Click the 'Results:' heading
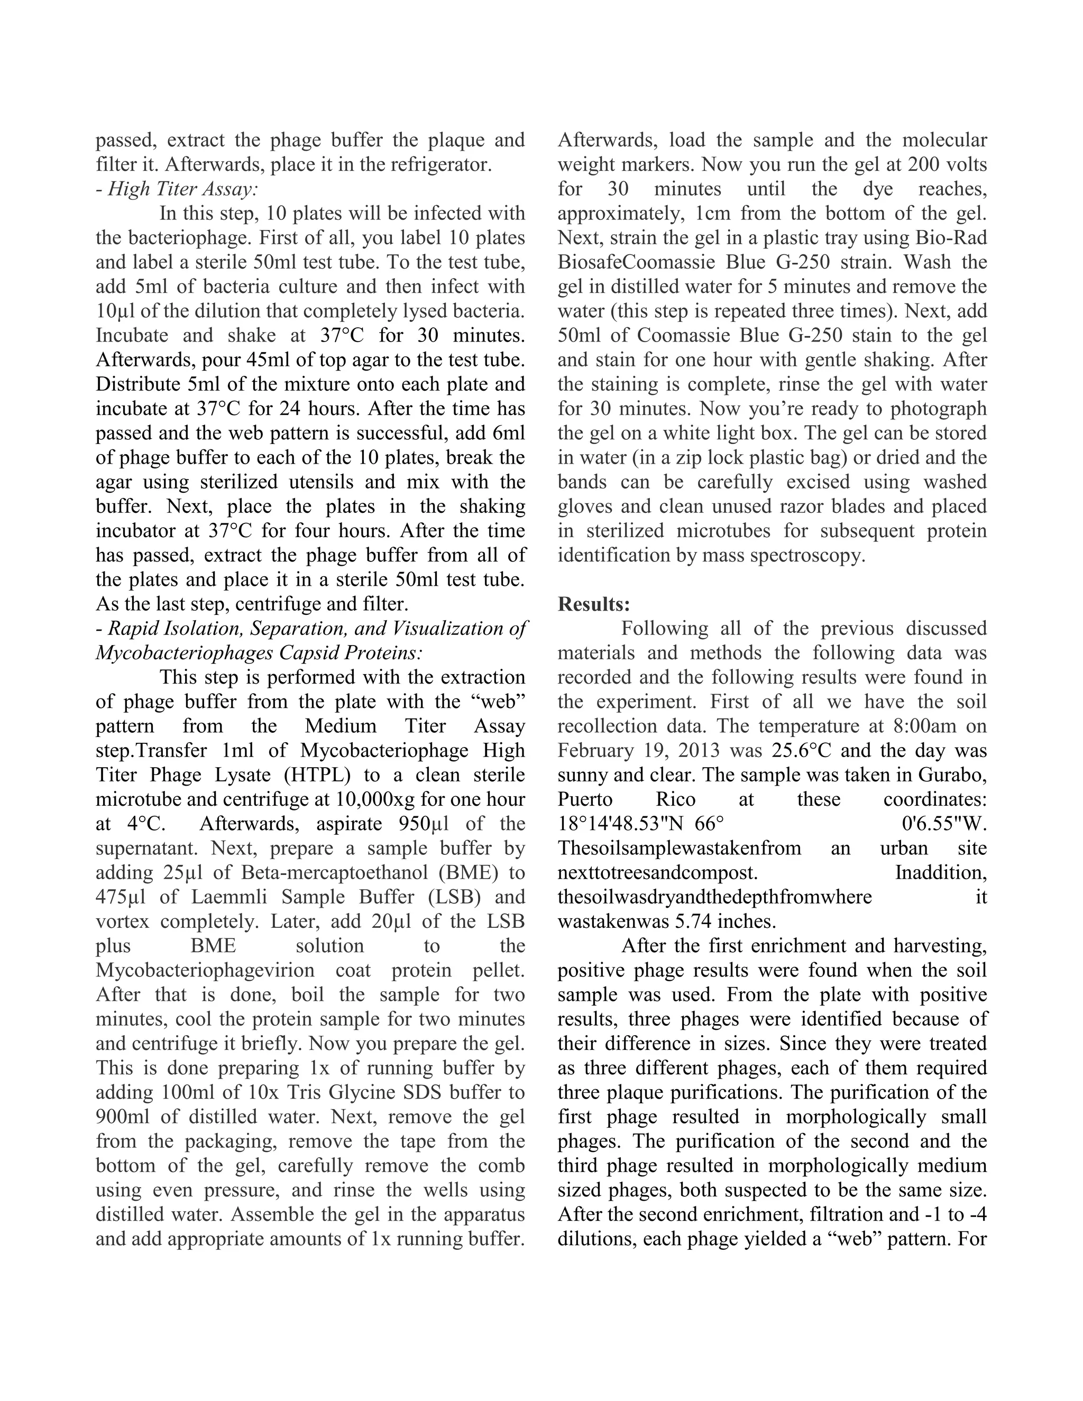(x=593, y=604)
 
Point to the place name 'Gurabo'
(x=951, y=775)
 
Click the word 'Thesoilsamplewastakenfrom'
(x=680, y=848)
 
